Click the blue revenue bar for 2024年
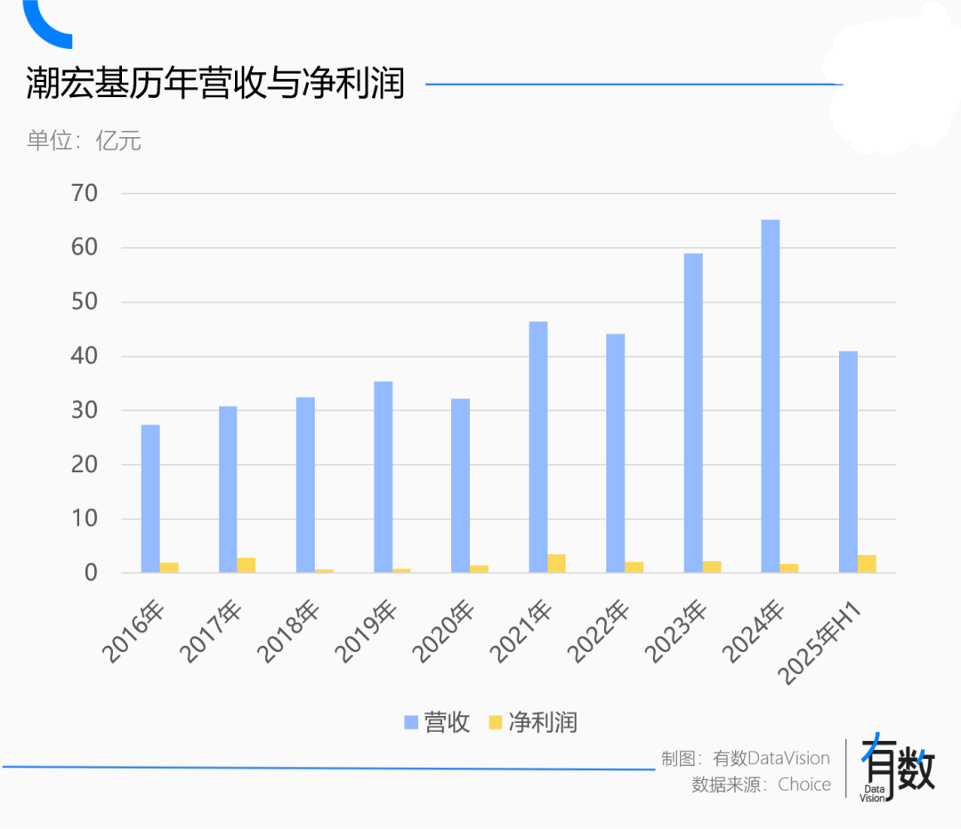click(x=771, y=396)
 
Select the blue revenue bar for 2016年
click(x=150, y=499)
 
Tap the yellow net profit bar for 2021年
click(x=556, y=564)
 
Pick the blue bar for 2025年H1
click(x=848, y=462)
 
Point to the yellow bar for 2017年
click(x=246, y=566)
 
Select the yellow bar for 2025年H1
click(x=867, y=564)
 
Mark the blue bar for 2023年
click(x=693, y=413)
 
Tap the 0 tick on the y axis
click(x=90, y=573)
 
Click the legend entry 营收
click(x=437, y=722)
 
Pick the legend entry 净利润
click(x=533, y=722)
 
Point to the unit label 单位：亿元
click(x=84, y=141)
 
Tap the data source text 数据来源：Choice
click(x=761, y=785)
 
